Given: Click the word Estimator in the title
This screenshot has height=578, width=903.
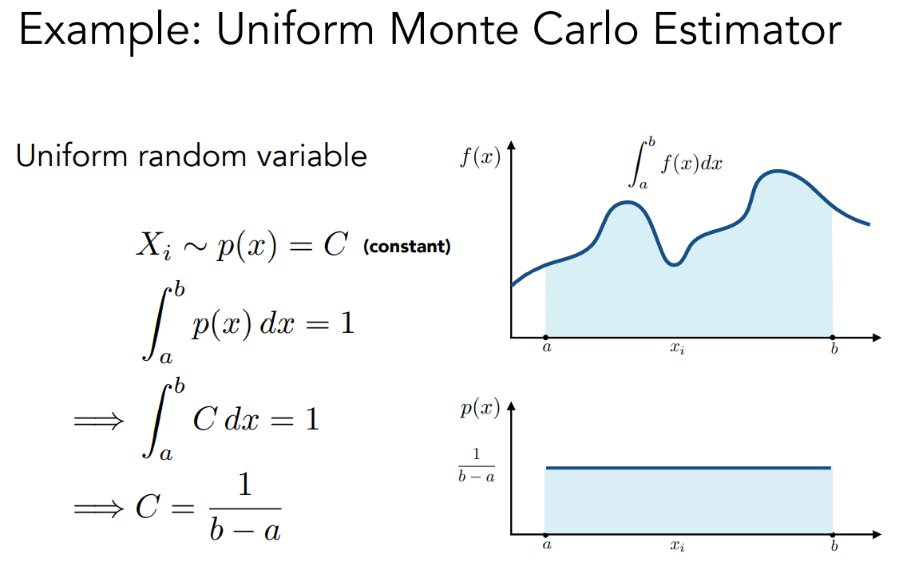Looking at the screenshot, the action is click(x=747, y=29).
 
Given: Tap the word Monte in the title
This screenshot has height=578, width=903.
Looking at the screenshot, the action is click(x=454, y=29).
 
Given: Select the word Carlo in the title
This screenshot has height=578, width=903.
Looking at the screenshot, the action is click(x=586, y=29).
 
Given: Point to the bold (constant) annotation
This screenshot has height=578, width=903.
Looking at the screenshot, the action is click(x=406, y=247).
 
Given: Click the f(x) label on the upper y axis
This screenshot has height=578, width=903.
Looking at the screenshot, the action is click(x=480, y=156).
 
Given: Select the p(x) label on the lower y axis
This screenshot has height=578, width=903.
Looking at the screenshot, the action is click(x=480, y=409).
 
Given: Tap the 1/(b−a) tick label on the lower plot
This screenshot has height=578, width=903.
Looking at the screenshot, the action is click(x=477, y=465).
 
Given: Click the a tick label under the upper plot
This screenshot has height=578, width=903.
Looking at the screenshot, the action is click(x=547, y=347).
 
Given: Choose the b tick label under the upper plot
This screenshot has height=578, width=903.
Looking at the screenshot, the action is click(x=834, y=348).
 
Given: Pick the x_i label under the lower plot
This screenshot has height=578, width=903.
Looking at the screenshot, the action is click(x=677, y=545).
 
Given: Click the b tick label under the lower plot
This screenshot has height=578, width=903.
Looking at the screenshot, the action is click(x=834, y=545).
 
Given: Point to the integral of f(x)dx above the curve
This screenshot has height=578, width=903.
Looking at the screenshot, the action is click(x=675, y=163).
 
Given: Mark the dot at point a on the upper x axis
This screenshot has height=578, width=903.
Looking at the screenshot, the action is click(x=545, y=338).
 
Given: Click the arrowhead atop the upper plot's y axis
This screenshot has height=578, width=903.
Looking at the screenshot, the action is click(x=511, y=144).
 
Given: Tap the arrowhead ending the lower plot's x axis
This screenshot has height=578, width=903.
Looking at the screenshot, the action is click(x=877, y=535).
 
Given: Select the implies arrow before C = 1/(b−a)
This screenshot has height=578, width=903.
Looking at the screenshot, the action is click(x=98, y=508).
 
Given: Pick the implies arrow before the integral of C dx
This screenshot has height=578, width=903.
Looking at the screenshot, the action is click(x=98, y=421).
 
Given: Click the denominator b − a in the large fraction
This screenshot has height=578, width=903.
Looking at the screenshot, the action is click(x=245, y=529).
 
